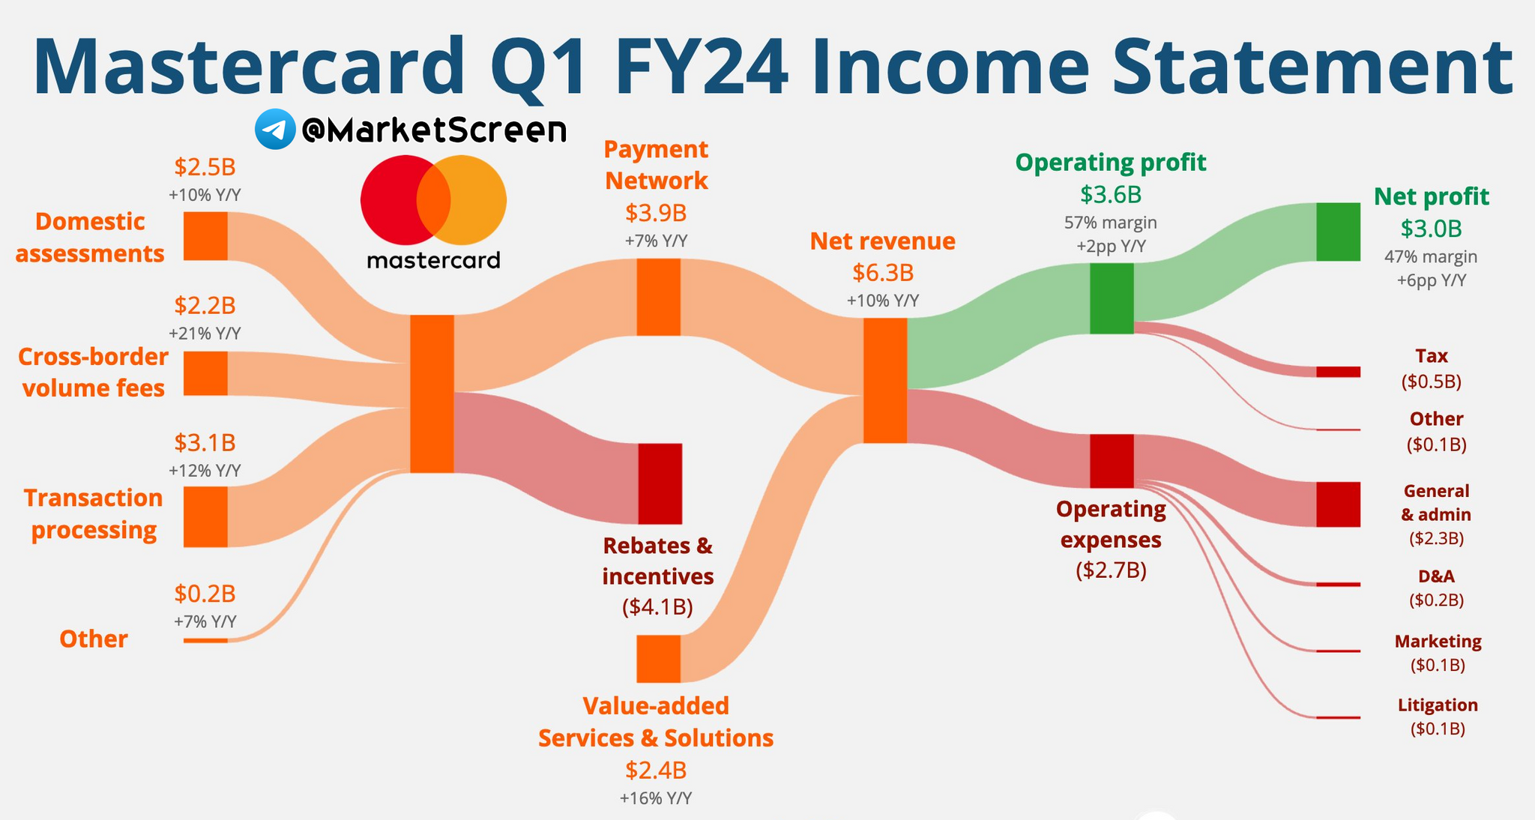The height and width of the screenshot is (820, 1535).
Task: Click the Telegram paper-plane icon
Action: [275, 129]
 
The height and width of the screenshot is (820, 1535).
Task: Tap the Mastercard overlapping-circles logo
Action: [433, 200]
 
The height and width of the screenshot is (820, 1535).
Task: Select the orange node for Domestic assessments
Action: [205, 236]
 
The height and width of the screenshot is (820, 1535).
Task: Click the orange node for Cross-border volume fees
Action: [205, 373]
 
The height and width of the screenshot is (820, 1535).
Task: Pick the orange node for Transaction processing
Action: [205, 517]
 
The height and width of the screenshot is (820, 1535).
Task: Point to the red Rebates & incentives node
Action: [660, 483]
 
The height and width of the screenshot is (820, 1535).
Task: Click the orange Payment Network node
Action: [659, 297]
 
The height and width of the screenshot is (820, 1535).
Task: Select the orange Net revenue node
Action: [885, 381]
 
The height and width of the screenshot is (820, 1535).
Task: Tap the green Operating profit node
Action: [1112, 298]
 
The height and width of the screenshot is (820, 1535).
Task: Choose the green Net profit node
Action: [1339, 232]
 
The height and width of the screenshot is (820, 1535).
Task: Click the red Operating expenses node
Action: [1112, 461]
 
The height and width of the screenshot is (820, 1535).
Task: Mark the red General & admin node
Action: [1339, 504]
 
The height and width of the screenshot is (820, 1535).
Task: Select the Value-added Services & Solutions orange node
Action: [659, 659]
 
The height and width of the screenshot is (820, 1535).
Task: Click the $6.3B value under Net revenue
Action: [883, 273]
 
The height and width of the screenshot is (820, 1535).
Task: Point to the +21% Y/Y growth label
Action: [205, 334]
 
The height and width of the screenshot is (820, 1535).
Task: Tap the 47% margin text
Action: [1431, 257]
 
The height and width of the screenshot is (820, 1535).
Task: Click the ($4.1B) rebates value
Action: [657, 606]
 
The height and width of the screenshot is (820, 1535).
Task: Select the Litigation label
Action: [1438, 705]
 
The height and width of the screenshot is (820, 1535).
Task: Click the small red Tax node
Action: [1339, 372]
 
